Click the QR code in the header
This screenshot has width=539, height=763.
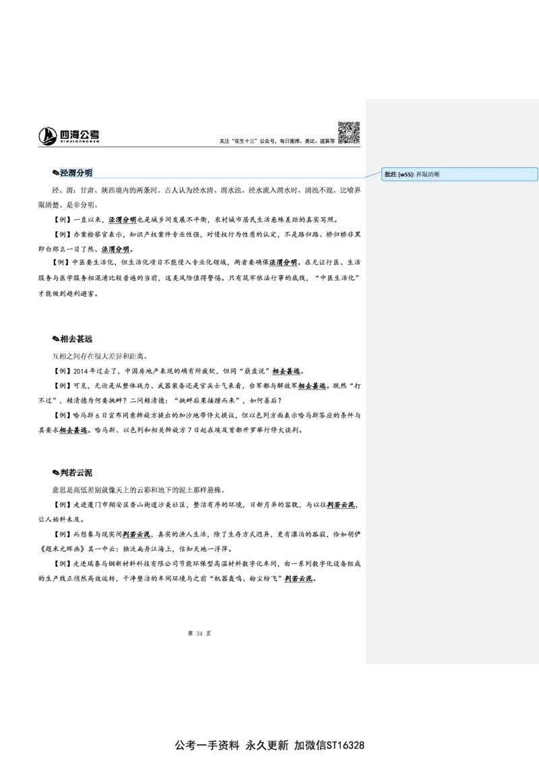click(349, 133)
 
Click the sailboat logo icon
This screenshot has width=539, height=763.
click(48, 135)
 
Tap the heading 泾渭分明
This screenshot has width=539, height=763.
click(76, 173)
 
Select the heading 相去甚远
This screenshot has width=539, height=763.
click(76, 338)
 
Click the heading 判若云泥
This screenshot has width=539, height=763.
click(76, 472)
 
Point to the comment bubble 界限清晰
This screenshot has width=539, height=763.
click(459, 174)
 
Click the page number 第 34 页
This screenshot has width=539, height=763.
click(199, 633)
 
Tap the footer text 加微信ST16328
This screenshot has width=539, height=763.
click(329, 745)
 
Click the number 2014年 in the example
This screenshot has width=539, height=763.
click(84, 371)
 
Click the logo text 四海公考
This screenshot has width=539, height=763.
click(80, 134)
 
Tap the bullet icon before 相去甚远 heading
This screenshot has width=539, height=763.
click(55, 338)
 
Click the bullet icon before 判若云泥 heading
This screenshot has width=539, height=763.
click(55, 472)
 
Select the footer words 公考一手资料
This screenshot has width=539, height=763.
click(208, 745)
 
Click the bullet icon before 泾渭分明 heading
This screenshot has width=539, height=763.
click(55, 173)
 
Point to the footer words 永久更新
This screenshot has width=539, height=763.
click(267, 745)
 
